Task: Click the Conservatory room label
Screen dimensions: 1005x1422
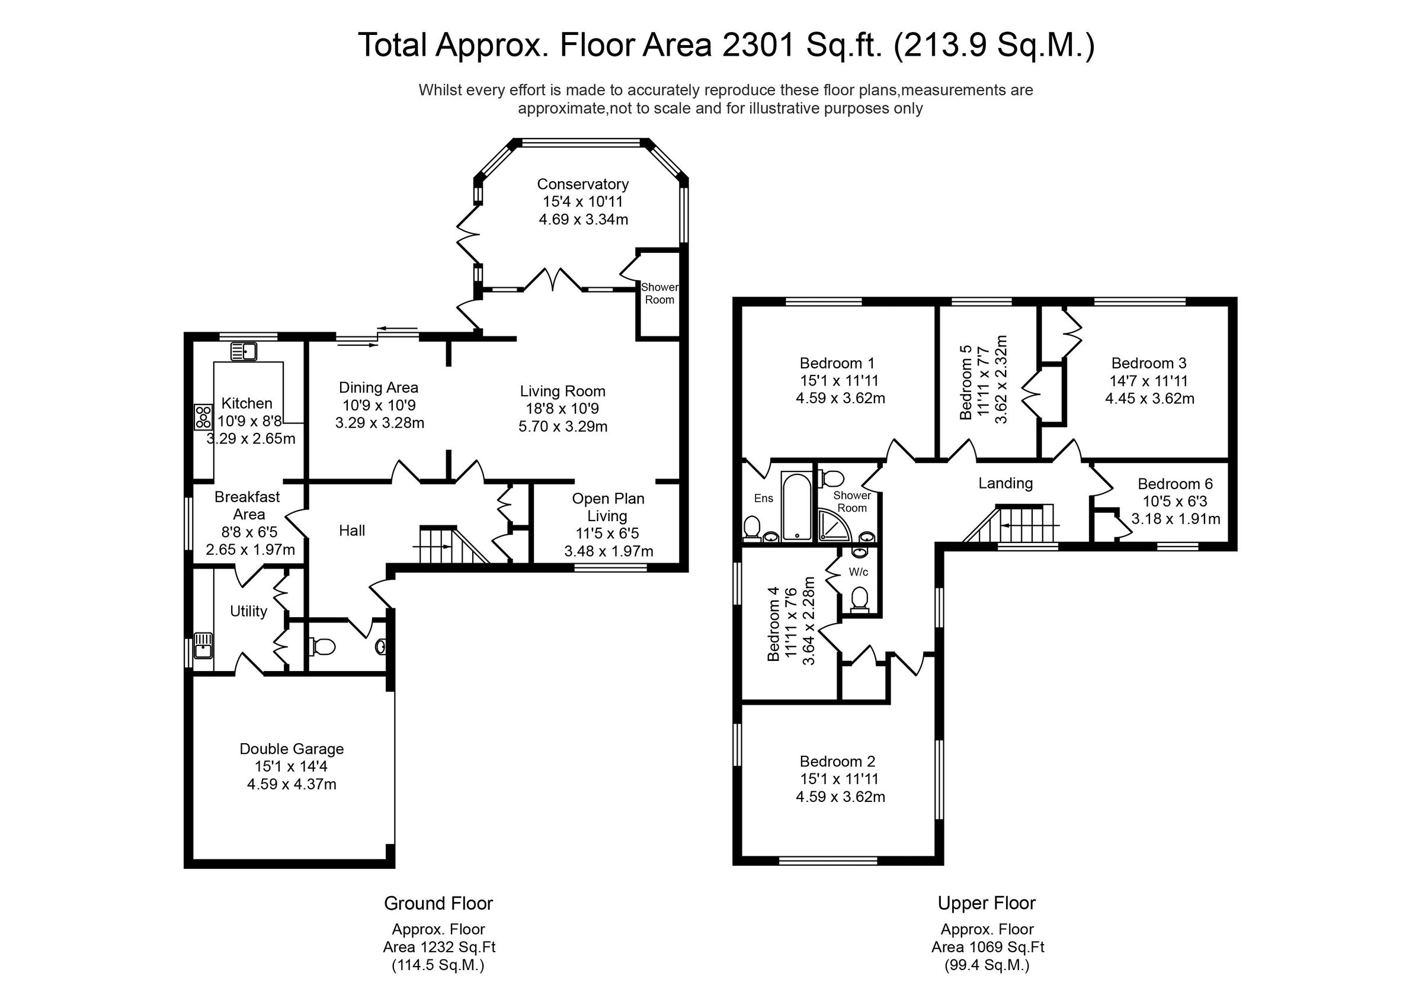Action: tap(582, 184)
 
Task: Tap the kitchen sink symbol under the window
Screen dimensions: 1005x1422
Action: tap(244, 352)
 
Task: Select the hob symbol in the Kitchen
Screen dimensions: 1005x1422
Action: tap(203, 416)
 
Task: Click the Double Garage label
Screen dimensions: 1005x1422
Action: tap(291, 749)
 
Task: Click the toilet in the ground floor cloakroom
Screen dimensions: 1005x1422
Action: tap(322, 647)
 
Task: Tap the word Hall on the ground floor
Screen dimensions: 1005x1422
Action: tap(352, 530)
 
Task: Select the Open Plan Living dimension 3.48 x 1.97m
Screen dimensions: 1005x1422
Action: tap(608, 551)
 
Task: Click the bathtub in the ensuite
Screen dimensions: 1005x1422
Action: tap(795, 506)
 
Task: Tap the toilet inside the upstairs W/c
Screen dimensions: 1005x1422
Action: tap(859, 599)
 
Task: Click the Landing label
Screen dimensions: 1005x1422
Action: tap(1005, 483)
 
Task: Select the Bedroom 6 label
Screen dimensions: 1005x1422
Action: tap(1174, 484)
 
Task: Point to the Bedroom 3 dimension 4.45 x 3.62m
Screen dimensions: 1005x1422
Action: tap(1149, 398)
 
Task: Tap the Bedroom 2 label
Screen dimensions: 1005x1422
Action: tap(839, 761)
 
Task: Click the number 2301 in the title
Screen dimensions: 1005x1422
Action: tap(757, 45)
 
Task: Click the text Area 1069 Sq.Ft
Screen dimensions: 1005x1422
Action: tap(987, 947)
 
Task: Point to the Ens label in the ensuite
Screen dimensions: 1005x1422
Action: tap(763, 499)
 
